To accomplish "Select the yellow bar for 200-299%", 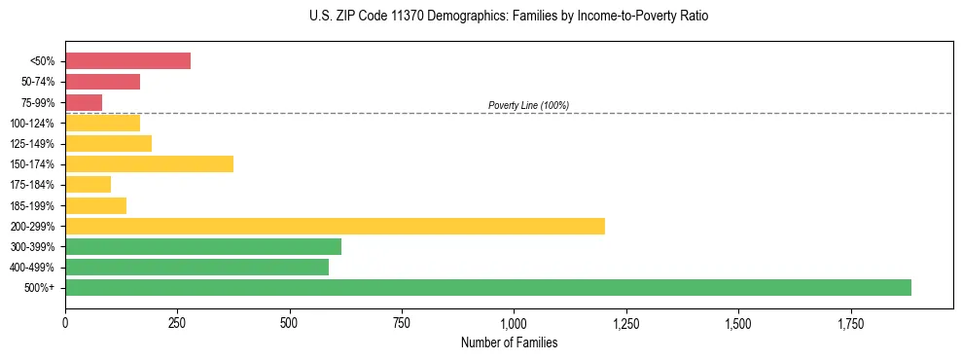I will pyautogui.click(x=335, y=226).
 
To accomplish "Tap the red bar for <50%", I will pyautogui.click(x=127, y=60).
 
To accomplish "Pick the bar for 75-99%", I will pyautogui.click(x=84, y=102).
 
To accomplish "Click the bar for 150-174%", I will pyautogui.click(x=149, y=163).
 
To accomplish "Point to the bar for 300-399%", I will pyautogui.click(x=203, y=246).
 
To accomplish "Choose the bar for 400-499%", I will pyautogui.click(x=196, y=267).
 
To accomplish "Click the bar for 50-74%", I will pyautogui.click(x=102, y=82).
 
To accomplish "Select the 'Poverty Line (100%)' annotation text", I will pyautogui.click(x=528, y=105).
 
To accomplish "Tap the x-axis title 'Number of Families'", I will pyautogui.click(x=509, y=342).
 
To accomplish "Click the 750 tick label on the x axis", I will pyautogui.click(x=402, y=322).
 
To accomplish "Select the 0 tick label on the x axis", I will pyautogui.click(x=65, y=322).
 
